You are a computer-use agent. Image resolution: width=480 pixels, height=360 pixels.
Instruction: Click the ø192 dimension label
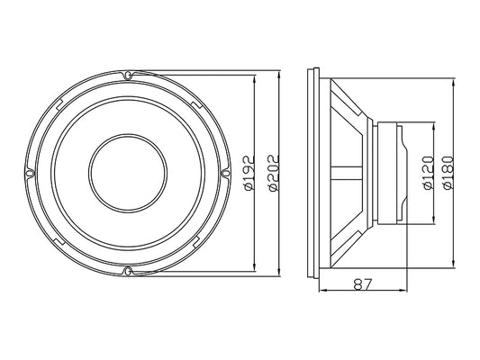click(249, 173)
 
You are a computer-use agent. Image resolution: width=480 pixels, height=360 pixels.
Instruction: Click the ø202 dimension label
click(274, 173)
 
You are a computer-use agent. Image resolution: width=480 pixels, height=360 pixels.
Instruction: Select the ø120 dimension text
click(429, 173)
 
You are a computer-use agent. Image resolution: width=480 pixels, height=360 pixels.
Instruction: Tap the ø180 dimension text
click(448, 173)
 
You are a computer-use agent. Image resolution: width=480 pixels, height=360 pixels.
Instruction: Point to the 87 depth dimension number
click(362, 284)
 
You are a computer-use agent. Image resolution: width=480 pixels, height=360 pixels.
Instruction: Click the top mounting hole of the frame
click(128, 75)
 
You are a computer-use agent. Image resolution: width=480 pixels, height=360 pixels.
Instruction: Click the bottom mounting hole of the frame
click(128, 271)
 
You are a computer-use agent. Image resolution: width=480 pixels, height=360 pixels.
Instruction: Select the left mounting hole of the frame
click(30, 173)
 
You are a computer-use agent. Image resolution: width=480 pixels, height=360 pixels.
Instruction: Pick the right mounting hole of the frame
click(226, 173)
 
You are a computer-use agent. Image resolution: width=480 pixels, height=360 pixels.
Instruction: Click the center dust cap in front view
click(128, 173)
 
